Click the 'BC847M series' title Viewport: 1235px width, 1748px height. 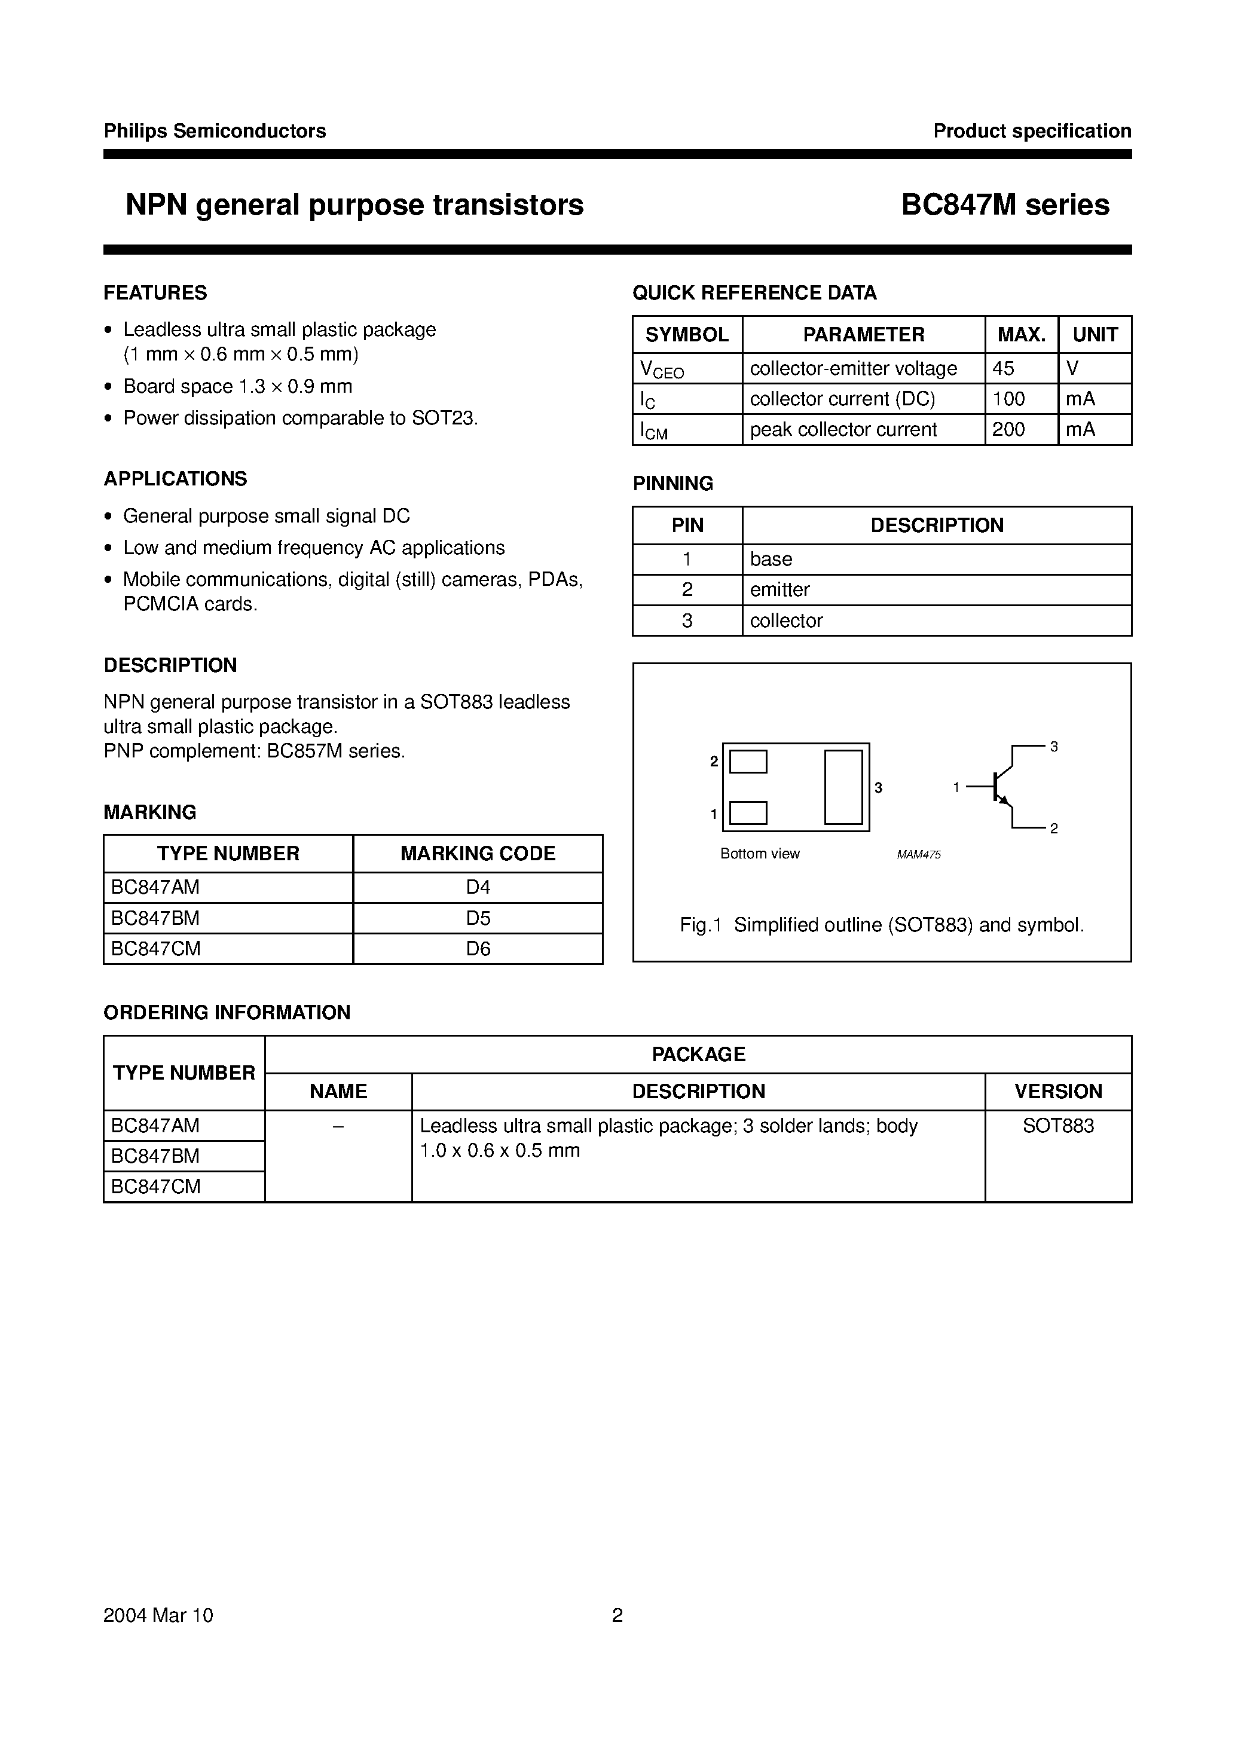coord(1004,205)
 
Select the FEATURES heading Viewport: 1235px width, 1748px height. coord(155,293)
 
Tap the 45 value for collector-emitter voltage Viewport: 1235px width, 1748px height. coord(1003,368)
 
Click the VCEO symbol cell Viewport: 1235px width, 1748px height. coord(662,370)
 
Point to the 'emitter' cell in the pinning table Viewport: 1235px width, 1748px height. coord(779,590)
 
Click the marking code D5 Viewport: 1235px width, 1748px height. coord(478,918)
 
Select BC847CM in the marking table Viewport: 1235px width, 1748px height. coord(155,949)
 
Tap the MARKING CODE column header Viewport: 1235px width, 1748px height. coord(478,854)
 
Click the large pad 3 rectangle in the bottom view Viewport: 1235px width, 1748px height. coord(843,787)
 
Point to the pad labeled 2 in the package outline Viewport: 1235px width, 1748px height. coord(748,762)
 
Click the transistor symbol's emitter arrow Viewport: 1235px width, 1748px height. coord(1004,801)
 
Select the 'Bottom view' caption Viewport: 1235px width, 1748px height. coord(760,854)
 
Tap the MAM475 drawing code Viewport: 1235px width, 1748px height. coord(918,855)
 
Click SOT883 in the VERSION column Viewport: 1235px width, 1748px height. coord(1057,1126)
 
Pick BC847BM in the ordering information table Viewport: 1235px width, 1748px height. coord(155,1156)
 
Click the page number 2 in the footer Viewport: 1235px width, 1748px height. coord(617,1615)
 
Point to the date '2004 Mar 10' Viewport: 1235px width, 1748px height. coord(158,1615)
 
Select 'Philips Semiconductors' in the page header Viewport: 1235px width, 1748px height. coord(215,131)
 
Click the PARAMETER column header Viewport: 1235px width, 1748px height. coord(863,335)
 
